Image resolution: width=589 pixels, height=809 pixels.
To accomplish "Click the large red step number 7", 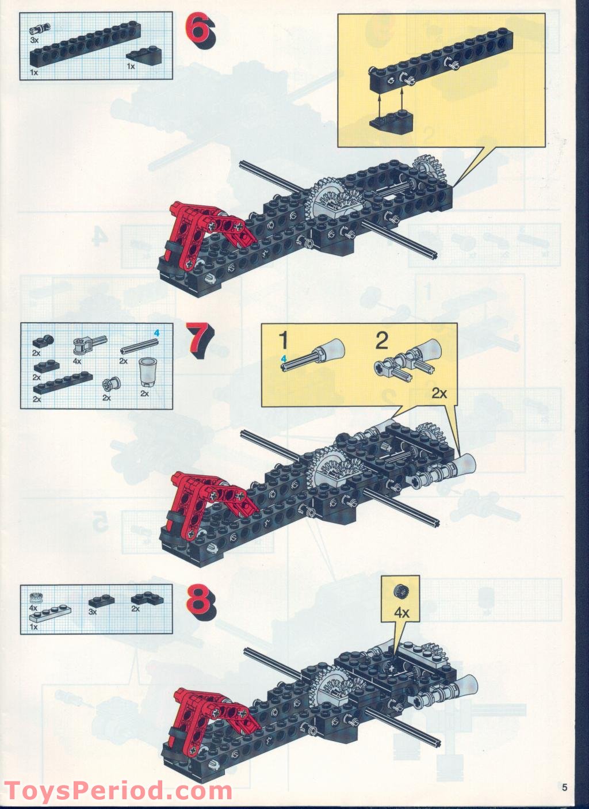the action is point(200,340).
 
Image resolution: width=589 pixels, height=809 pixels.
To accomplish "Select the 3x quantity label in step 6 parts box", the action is point(35,40).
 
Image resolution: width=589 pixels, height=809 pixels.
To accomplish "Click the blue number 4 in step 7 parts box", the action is point(156,333).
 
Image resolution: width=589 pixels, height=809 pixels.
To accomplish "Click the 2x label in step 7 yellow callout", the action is point(439,393).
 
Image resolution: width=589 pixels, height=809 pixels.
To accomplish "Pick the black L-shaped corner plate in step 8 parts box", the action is point(147,599).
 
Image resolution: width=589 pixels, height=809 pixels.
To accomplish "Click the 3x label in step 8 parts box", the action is point(93,612).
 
